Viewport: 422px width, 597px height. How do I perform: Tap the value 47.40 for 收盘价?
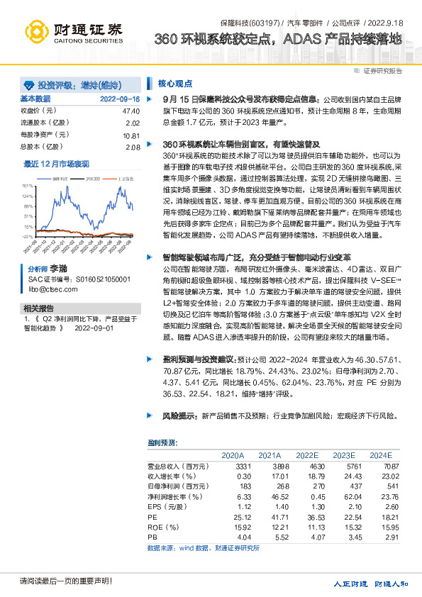click(131, 111)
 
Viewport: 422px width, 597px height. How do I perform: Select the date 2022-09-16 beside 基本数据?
click(120, 99)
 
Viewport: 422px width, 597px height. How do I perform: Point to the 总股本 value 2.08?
click(133, 147)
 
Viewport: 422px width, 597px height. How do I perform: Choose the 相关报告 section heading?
click(38, 308)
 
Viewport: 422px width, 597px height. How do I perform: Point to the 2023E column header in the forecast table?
click(344, 455)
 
